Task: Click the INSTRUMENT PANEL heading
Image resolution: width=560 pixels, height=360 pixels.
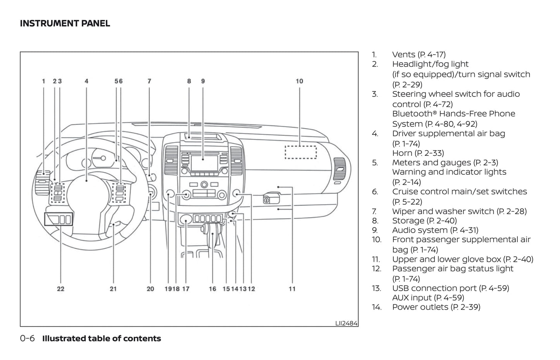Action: click(65, 23)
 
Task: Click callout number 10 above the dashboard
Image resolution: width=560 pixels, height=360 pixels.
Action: click(299, 81)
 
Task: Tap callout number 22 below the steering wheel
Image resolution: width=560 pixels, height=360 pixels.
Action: click(60, 289)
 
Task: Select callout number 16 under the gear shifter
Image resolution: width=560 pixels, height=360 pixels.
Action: click(212, 289)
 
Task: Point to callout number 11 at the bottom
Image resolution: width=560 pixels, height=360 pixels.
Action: click(292, 289)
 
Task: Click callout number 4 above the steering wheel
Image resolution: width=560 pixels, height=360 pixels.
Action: click(86, 81)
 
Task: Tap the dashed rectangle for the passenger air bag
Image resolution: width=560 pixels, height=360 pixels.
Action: click(301, 152)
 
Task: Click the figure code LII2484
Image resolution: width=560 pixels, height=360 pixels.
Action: click(346, 323)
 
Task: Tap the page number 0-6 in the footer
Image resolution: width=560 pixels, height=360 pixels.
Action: click(27, 338)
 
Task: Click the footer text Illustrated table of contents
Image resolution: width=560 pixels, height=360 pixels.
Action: click(102, 338)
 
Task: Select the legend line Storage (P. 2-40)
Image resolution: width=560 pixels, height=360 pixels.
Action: click(424, 220)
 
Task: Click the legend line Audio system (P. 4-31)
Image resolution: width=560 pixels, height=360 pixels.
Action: click(435, 230)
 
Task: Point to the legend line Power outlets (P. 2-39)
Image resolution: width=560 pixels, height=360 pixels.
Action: click(436, 307)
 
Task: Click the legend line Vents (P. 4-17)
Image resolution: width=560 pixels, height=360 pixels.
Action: click(419, 55)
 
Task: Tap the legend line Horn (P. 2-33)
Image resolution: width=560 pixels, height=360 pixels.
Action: click(418, 153)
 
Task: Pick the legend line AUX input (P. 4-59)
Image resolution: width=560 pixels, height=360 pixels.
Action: click(428, 298)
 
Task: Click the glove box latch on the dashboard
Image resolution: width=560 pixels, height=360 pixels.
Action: click(267, 200)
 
